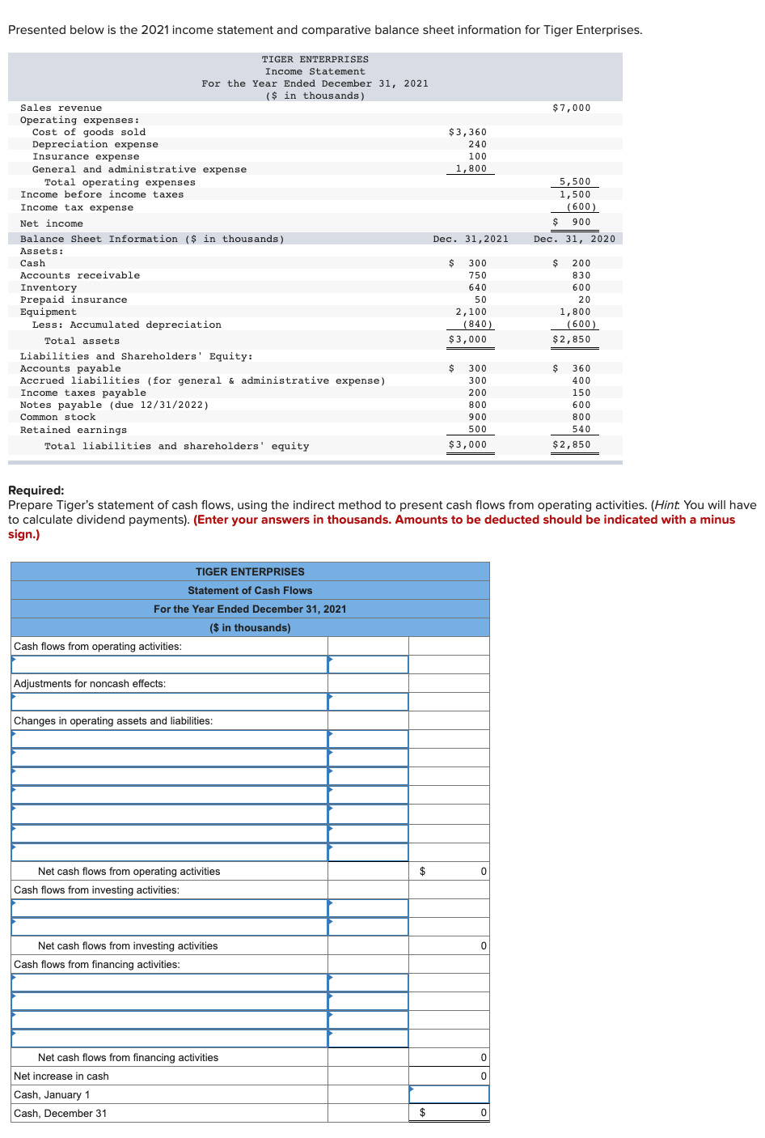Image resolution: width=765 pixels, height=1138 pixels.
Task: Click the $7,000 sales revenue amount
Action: [571, 108]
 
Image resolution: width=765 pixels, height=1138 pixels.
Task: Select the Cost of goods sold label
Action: [89, 132]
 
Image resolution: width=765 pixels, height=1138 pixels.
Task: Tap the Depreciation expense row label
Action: [95, 144]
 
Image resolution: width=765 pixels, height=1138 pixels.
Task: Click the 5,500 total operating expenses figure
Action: [575, 182]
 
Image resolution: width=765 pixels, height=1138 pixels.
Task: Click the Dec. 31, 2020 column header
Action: [574, 239]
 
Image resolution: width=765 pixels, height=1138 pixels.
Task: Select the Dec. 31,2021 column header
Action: [471, 239]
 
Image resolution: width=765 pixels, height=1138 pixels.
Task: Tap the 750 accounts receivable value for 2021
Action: [477, 275]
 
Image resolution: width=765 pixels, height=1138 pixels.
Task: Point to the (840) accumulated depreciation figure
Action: [477, 324]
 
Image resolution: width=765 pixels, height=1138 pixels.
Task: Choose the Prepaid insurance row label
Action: [74, 299]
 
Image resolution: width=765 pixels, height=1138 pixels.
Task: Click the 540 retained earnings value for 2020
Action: [581, 429]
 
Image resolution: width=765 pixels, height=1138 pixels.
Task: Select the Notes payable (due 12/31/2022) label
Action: [114, 405]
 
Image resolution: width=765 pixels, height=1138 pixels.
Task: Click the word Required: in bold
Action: [36, 490]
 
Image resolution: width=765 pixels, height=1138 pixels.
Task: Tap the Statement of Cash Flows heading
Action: [250, 590]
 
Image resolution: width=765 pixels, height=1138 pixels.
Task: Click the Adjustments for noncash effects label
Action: [90, 683]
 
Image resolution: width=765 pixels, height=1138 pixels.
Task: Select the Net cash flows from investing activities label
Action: [128, 945]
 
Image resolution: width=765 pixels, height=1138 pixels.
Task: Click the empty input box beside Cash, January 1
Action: [449, 1094]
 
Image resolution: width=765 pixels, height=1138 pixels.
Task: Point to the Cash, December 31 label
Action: [60, 1113]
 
